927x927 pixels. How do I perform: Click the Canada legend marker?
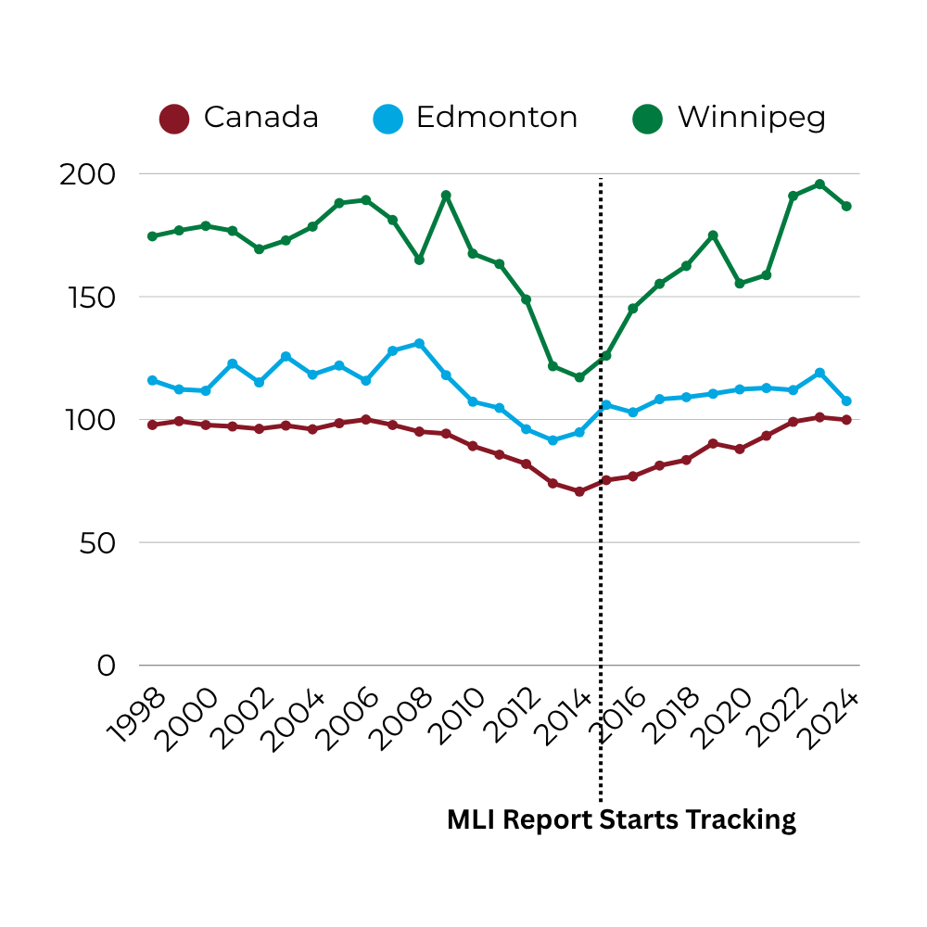174,119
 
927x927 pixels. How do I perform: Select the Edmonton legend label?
496,118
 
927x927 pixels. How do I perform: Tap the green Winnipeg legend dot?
647,119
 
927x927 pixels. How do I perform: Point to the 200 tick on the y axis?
87,174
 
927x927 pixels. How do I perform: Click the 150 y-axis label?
89,298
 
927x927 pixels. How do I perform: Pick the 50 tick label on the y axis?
96,543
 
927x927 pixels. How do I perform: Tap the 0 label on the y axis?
108,666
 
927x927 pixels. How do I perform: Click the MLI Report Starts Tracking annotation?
621,820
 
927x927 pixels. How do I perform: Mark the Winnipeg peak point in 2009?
446,196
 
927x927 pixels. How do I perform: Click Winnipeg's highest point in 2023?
819,184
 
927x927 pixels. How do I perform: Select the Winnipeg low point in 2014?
579,377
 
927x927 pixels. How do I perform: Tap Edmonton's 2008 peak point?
419,344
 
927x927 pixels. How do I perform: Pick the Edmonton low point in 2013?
552,440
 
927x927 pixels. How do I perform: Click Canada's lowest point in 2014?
579,491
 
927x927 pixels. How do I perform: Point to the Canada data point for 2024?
846,420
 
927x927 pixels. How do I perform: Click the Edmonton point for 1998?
152,380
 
